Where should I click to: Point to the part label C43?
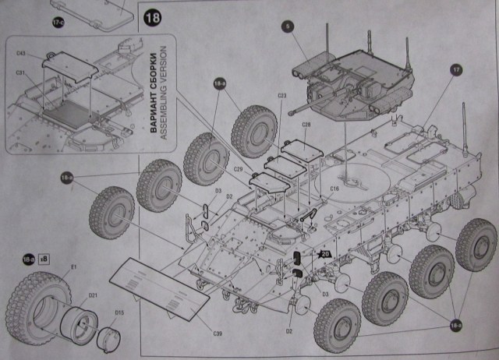pyautogui.click(x=21, y=55)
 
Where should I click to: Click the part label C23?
pyautogui.click(x=282, y=96)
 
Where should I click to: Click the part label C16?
pyautogui.click(x=334, y=189)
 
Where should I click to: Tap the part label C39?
pyautogui.click(x=218, y=334)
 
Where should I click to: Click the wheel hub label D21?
pyautogui.click(x=93, y=295)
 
